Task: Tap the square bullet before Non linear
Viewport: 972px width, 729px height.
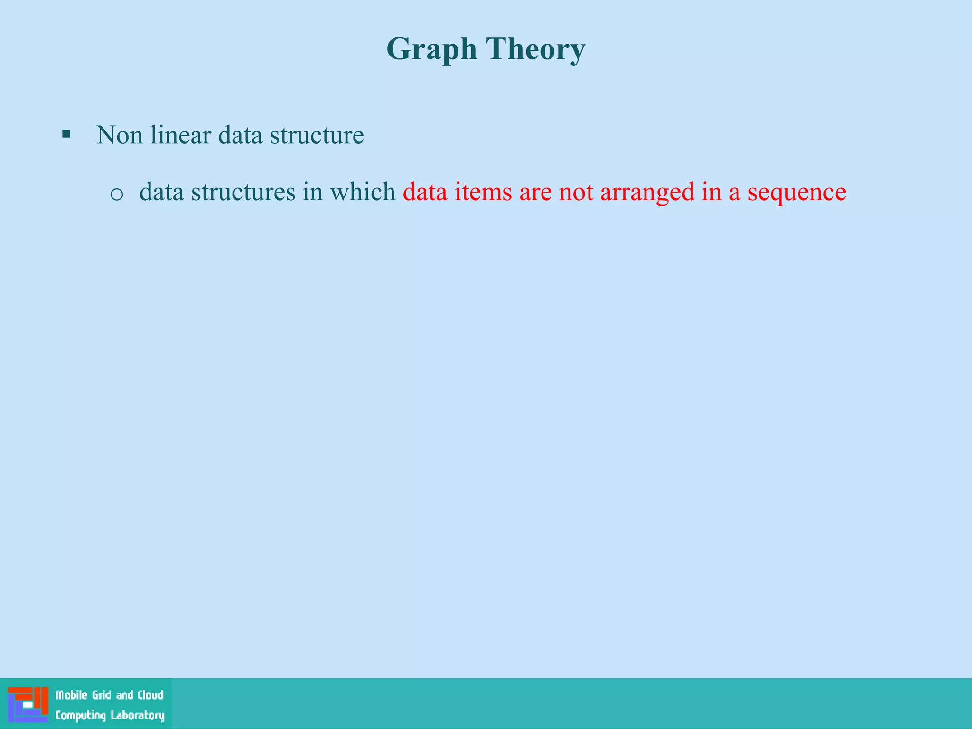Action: click(x=66, y=134)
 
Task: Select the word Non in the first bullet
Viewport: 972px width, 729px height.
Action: click(x=120, y=135)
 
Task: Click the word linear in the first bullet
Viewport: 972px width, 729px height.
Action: click(x=180, y=135)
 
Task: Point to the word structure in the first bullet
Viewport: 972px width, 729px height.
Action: click(x=317, y=135)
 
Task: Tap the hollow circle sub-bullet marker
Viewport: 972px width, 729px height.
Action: click(x=117, y=194)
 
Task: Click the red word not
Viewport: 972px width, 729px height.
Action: click(x=576, y=192)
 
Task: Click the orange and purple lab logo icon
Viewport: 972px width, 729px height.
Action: click(x=28, y=704)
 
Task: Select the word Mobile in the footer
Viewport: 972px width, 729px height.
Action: click(x=72, y=695)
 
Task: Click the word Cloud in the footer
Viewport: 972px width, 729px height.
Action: click(x=150, y=695)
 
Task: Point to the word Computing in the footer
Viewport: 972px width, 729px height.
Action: click(x=80, y=715)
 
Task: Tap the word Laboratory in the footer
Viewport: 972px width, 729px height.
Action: click(x=138, y=715)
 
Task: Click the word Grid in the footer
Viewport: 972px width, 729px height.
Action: click(x=102, y=695)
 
